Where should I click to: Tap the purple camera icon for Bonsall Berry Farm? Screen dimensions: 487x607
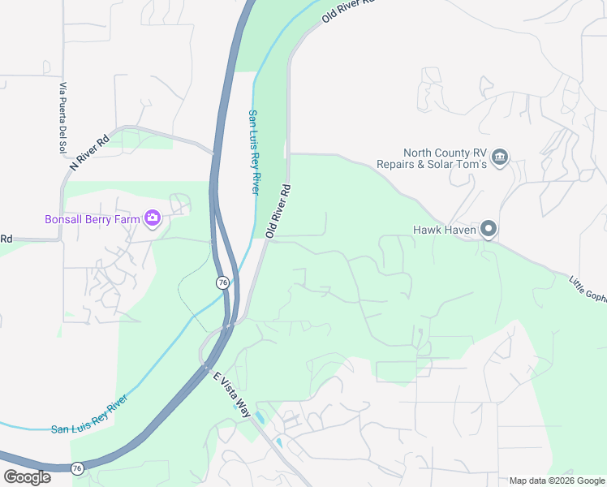click(152, 218)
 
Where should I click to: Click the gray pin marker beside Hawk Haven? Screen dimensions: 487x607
click(489, 230)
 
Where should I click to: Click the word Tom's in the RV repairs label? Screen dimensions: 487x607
click(470, 164)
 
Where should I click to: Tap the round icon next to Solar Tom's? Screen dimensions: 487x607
click(499, 157)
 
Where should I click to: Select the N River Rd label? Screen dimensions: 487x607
click(89, 152)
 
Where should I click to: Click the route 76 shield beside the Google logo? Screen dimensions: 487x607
click(77, 468)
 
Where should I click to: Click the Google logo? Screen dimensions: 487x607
click(27, 477)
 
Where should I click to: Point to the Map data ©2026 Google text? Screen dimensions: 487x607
click(557, 481)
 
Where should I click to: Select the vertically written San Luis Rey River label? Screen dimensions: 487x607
click(254, 152)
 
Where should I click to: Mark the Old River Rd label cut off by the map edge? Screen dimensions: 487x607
click(349, 11)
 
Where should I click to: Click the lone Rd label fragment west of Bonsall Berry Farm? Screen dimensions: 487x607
click(6, 239)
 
